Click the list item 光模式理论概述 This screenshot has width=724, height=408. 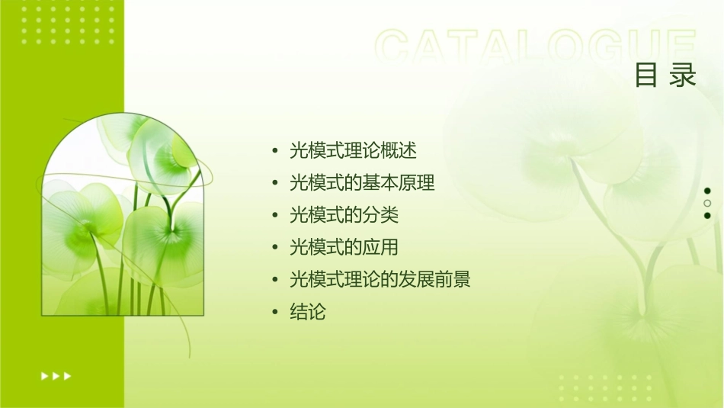(x=353, y=150)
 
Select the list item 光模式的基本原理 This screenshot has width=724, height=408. (x=362, y=183)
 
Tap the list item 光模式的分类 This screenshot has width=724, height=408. (x=344, y=215)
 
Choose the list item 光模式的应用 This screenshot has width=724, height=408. (x=344, y=247)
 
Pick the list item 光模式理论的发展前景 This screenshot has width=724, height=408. (x=380, y=280)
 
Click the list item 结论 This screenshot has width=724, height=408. (x=307, y=312)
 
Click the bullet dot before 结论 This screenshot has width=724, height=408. (x=274, y=313)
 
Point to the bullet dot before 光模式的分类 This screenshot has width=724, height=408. (x=274, y=216)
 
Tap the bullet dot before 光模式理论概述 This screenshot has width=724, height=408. (x=274, y=151)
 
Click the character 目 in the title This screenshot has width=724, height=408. (x=646, y=75)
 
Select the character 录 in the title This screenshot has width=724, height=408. (x=684, y=75)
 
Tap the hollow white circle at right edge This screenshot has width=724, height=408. (x=707, y=203)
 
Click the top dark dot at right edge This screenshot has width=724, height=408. (x=707, y=191)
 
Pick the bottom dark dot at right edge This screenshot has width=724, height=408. (x=707, y=215)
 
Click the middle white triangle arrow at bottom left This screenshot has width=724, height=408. (x=56, y=375)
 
